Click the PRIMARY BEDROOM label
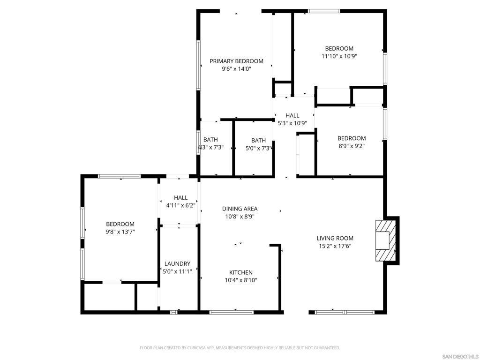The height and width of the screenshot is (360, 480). click(236, 61)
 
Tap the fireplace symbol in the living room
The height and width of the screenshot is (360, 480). click(384, 240)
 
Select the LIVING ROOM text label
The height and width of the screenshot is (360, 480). click(335, 238)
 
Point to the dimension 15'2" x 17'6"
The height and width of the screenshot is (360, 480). click(335, 246)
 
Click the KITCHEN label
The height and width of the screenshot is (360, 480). click(241, 272)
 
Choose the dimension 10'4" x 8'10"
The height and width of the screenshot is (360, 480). click(241, 280)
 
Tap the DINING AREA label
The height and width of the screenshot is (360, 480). click(240, 209)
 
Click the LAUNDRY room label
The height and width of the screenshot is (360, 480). click(177, 263)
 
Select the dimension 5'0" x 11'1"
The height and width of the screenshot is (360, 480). click(177, 271)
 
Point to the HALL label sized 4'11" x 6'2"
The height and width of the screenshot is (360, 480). click(180, 198)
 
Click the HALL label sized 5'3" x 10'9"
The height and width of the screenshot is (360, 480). click(292, 115)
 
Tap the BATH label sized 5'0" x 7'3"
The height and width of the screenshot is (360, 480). click(258, 140)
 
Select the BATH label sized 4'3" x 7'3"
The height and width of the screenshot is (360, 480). click(210, 139)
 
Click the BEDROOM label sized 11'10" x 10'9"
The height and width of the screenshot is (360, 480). click(339, 48)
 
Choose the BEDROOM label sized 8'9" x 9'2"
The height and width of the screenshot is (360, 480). click(352, 138)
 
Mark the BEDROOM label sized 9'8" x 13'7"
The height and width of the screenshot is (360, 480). click(120, 224)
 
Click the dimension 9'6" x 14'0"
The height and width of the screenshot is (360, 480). click(236, 69)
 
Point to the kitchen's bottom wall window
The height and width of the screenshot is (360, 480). click(231, 312)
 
